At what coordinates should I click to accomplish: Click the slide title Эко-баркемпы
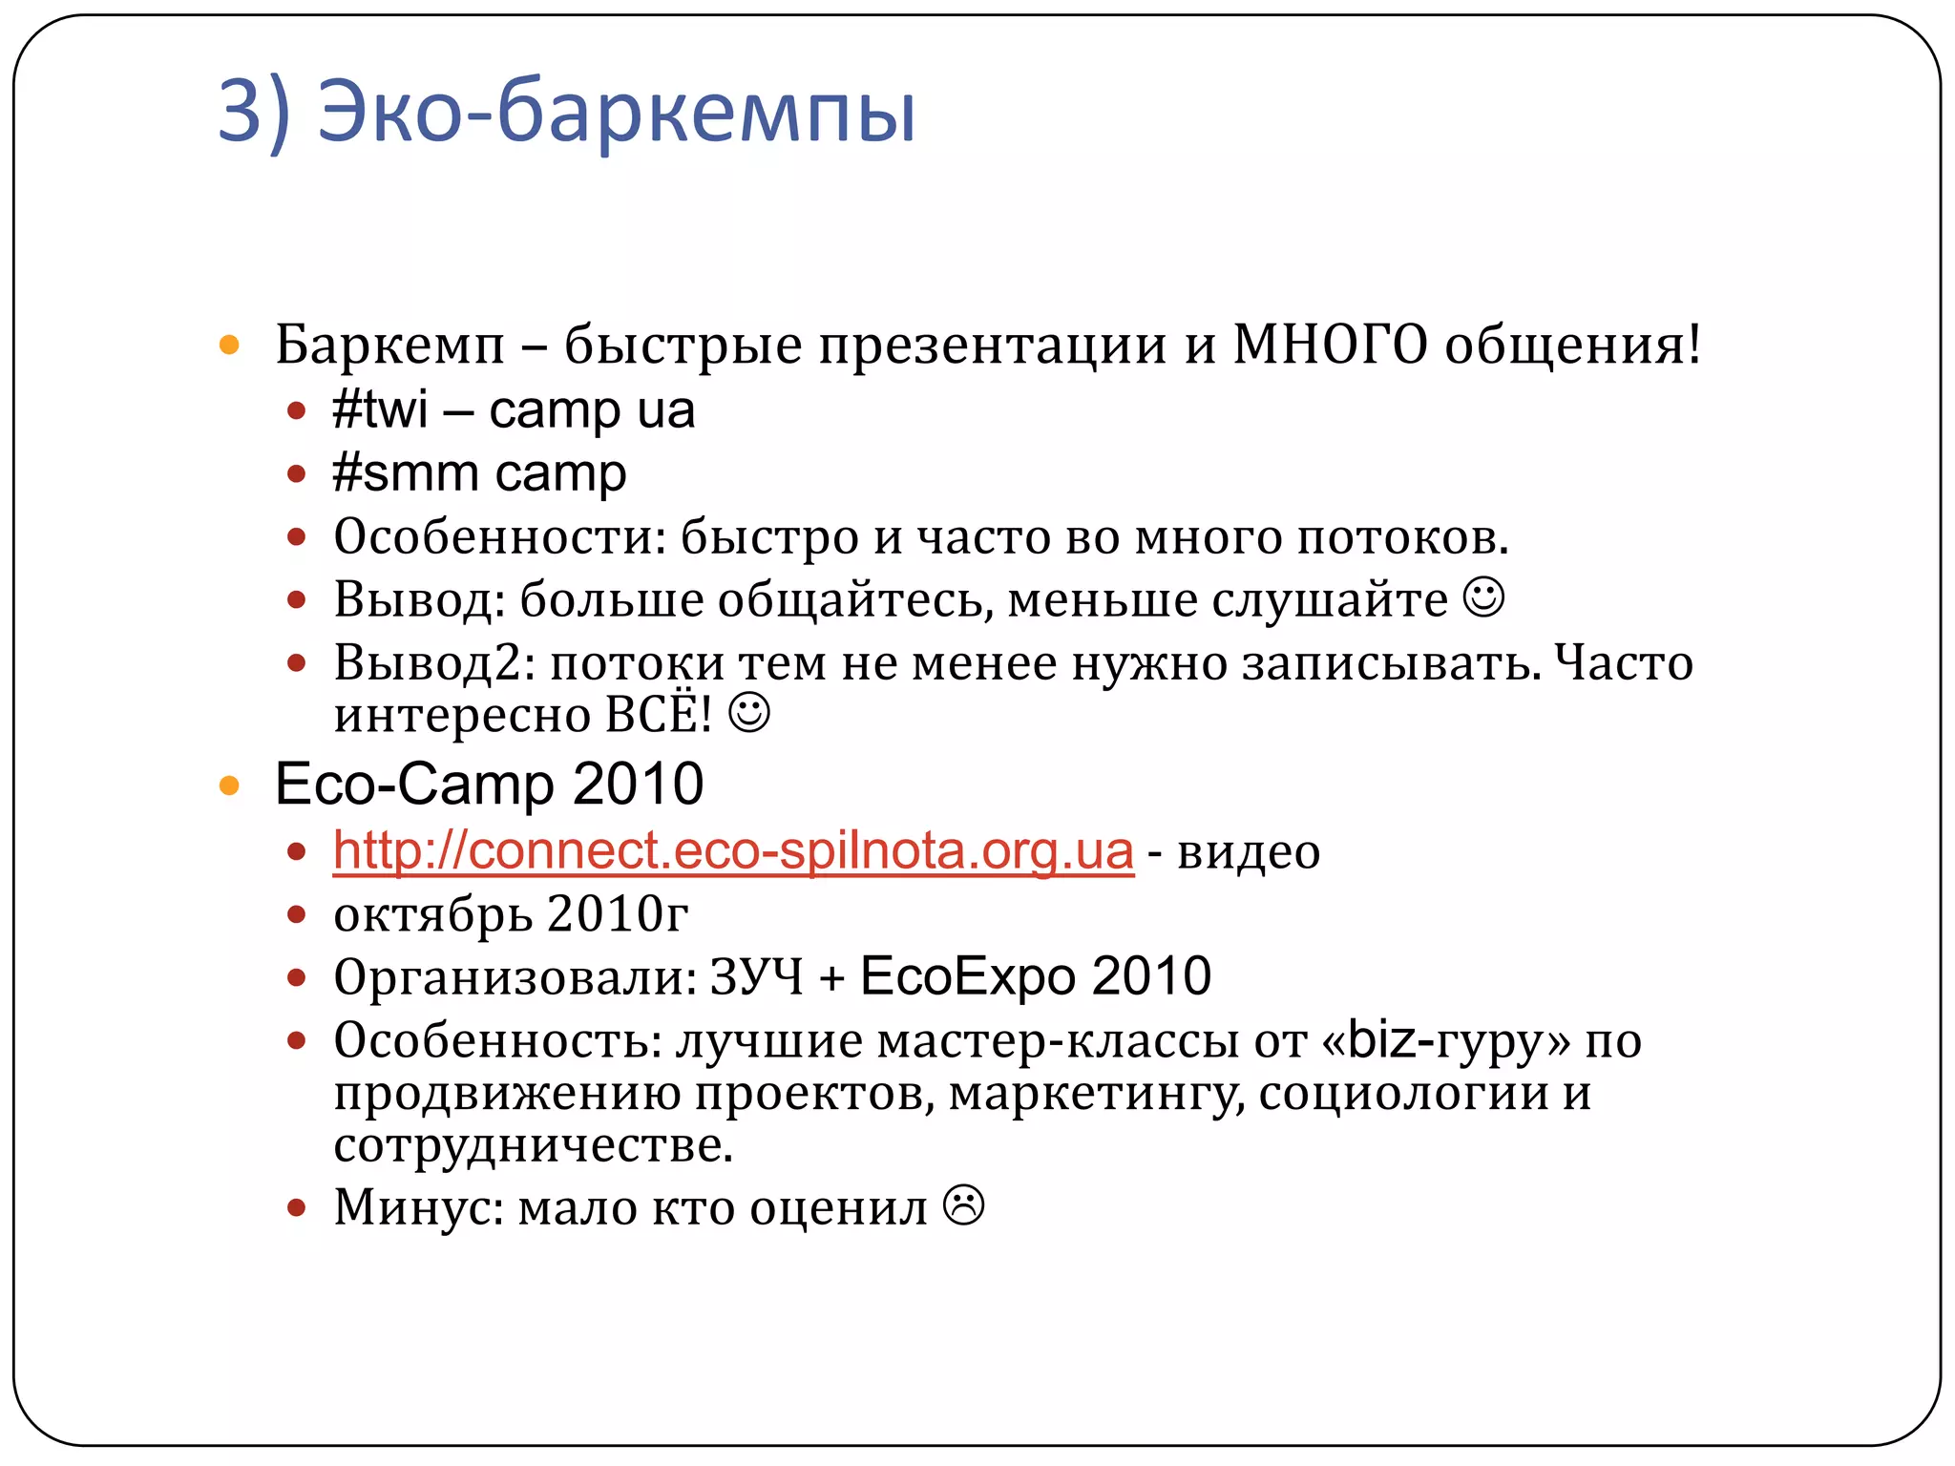567,113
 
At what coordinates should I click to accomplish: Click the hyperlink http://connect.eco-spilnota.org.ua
733,850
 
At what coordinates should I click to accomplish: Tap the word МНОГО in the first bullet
1330,346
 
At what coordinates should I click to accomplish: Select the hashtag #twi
380,410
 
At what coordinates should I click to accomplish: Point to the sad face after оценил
964,1205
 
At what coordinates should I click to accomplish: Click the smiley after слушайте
1484,598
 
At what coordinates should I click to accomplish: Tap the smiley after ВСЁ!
749,713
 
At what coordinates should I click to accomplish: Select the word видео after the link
1249,852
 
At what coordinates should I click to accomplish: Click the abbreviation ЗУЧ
756,977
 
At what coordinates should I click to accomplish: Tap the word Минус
418,1207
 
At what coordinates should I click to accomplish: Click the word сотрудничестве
533,1145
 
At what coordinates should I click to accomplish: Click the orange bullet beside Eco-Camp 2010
229,785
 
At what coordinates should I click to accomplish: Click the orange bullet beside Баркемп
229,345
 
